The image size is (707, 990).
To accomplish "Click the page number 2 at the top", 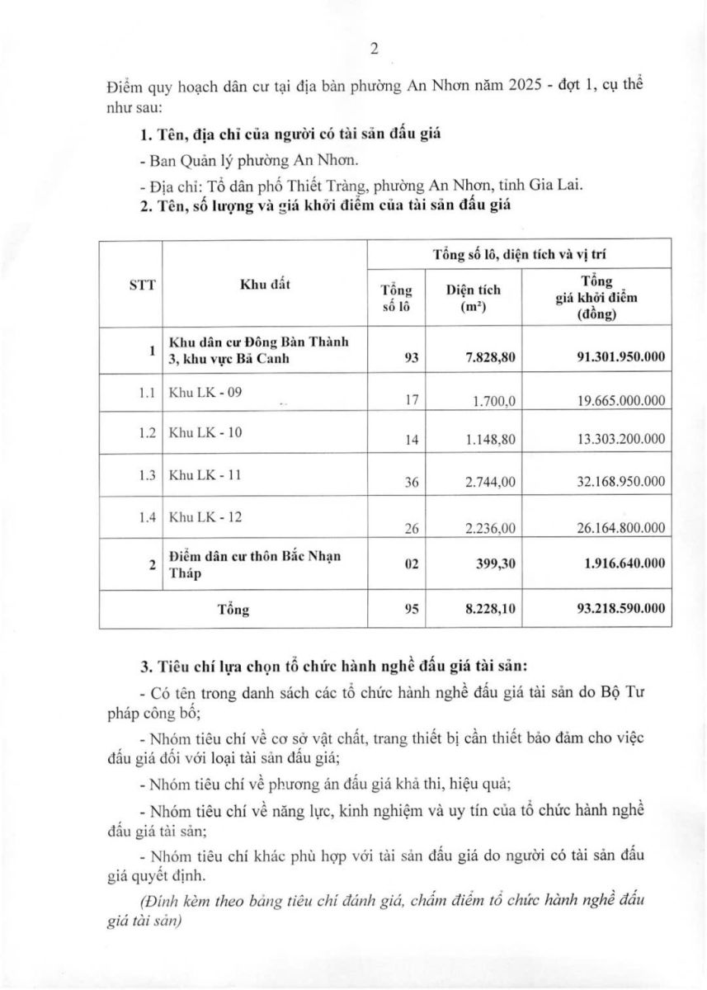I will tap(374, 49).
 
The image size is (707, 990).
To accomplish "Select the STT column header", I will tap(130, 282).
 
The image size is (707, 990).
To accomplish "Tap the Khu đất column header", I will tap(264, 282).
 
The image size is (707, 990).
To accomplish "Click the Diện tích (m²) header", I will tap(473, 298).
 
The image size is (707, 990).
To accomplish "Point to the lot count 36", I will tap(412, 483).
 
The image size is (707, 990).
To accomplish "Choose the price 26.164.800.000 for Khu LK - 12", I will tap(613, 528).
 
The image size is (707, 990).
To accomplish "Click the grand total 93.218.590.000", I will tap(613, 610).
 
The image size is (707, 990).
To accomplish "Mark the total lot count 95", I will tap(412, 610).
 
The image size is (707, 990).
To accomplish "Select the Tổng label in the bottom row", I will tap(233, 610).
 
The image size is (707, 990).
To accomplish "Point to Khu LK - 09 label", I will tap(205, 393).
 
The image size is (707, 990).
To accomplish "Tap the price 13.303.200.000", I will tap(613, 440).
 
